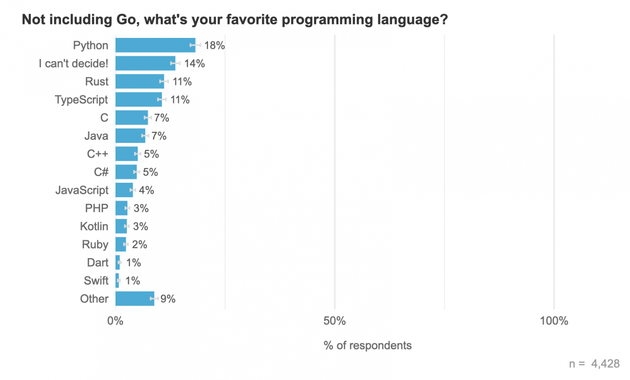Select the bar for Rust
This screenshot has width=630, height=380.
pyautogui.click(x=140, y=81)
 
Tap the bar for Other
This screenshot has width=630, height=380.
pyautogui.click(x=135, y=299)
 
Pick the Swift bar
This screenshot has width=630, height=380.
pyautogui.click(x=117, y=280)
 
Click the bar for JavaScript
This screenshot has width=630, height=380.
pyautogui.click(x=124, y=190)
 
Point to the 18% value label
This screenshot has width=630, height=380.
pyautogui.click(x=214, y=45)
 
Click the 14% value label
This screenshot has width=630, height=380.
pyautogui.click(x=195, y=63)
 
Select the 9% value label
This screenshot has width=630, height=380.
pyautogui.click(x=168, y=299)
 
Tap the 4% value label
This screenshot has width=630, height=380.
pyautogui.click(x=147, y=190)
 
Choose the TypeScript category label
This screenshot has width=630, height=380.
pyautogui.click(x=82, y=100)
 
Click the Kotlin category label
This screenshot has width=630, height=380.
pyautogui.click(x=94, y=226)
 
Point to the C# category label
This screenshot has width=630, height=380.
pyautogui.click(x=101, y=172)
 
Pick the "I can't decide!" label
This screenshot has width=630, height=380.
pyautogui.click(x=73, y=63)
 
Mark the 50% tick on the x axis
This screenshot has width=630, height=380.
pyautogui.click(x=334, y=321)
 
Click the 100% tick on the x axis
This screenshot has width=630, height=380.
pyautogui.click(x=554, y=321)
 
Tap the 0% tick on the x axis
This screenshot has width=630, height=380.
pyautogui.click(x=115, y=321)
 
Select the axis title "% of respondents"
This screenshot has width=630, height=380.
pyautogui.click(x=367, y=345)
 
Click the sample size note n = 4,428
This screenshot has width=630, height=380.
pyautogui.click(x=594, y=363)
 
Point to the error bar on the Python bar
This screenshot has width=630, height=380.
pyautogui.click(x=195, y=45)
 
